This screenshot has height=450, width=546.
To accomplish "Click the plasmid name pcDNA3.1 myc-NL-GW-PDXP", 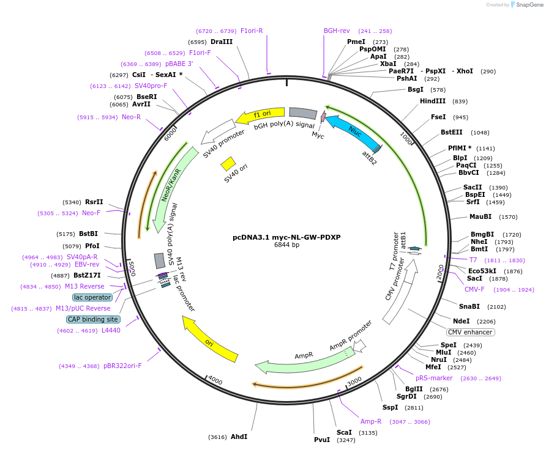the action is coord(286,237).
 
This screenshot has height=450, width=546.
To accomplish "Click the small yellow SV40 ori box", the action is coord(228,164).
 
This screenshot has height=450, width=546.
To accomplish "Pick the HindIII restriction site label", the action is coord(433,101).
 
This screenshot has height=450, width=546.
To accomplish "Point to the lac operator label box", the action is coord(92,297).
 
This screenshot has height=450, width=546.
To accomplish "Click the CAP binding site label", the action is coord(93,319).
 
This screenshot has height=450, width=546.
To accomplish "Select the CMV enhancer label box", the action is coord(470,332).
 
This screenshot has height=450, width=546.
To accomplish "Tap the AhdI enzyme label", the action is coord(239,437).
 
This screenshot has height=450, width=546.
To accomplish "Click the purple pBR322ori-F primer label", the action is coord(122,366).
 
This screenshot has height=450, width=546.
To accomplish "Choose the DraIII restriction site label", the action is coord(222,42).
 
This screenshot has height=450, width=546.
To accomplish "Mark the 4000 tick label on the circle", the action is coord(215,380).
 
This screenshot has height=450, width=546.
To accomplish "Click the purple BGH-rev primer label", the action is coord(337,31).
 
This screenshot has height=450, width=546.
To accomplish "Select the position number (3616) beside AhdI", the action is coord(217,437).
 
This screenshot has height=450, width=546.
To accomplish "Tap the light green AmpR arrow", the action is coord(305,362).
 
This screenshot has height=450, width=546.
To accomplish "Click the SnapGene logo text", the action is coord(529,5).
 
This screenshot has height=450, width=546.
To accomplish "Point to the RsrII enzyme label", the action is coord(94,202).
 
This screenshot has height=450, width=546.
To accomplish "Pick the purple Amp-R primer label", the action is coord(371,421).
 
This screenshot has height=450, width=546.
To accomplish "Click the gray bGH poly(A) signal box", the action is coord(303,113).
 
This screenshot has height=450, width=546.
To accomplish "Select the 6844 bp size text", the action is coord(286,245).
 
